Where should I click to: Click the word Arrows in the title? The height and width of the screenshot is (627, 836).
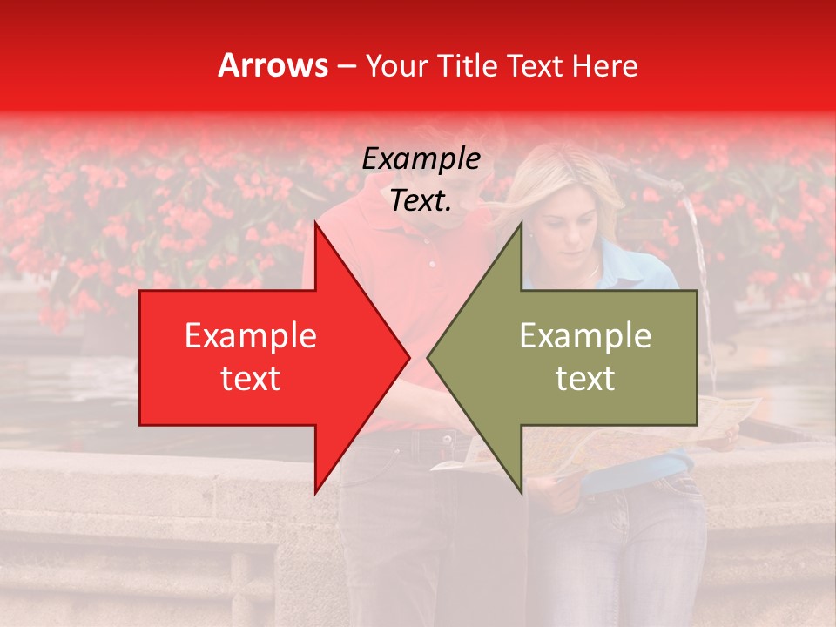(x=273, y=65)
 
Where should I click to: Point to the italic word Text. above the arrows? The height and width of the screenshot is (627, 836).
(x=421, y=201)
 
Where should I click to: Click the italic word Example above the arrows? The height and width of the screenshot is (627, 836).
(x=421, y=159)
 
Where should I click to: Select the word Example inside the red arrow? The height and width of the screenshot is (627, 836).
(x=251, y=336)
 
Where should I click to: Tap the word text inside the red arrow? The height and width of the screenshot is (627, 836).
(x=251, y=379)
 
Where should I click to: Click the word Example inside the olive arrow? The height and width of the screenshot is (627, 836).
(x=585, y=336)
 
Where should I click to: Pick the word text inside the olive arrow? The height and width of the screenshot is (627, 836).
(x=585, y=379)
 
